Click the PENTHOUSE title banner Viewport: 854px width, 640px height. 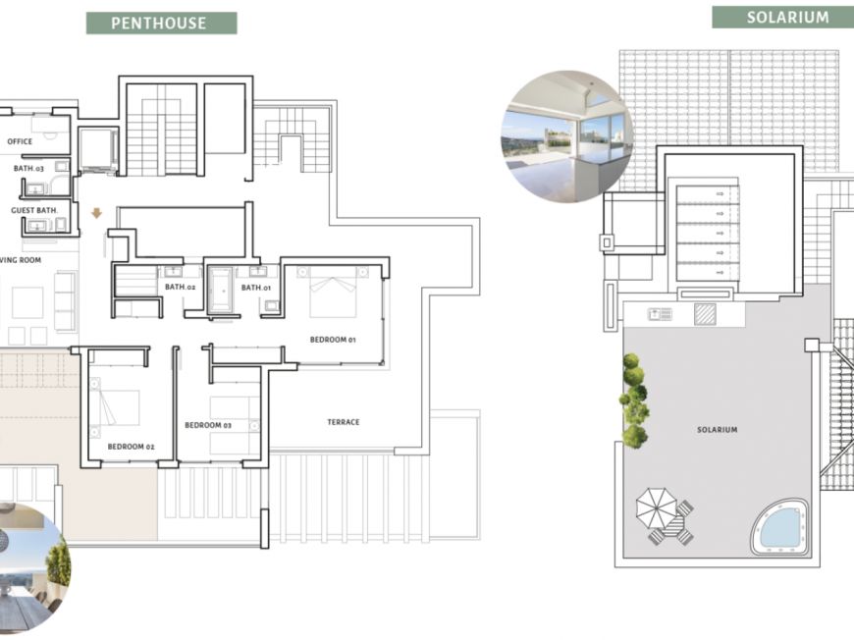(x=161, y=23)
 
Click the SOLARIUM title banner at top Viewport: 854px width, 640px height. (x=782, y=18)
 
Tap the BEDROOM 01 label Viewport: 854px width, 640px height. (x=333, y=340)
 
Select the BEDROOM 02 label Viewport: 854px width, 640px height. (x=131, y=446)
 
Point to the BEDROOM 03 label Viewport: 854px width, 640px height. (x=208, y=425)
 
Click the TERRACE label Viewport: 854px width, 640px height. (x=344, y=421)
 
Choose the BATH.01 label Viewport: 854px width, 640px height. (x=256, y=287)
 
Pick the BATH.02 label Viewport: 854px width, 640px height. (x=181, y=287)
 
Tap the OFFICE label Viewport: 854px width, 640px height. (x=20, y=141)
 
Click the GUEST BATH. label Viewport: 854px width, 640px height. (x=33, y=210)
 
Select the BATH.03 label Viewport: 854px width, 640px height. (x=28, y=168)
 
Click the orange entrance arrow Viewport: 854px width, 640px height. (x=96, y=213)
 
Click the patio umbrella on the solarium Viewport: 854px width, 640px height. (x=657, y=508)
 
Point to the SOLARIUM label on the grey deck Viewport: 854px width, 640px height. (x=718, y=430)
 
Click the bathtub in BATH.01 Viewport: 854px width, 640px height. (x=221, y=291)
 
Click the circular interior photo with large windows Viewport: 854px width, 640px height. (x=567, y=135)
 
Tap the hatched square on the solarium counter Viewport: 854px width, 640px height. (x=705, y=314)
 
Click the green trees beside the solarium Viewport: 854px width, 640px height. (x=634, y=400)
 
